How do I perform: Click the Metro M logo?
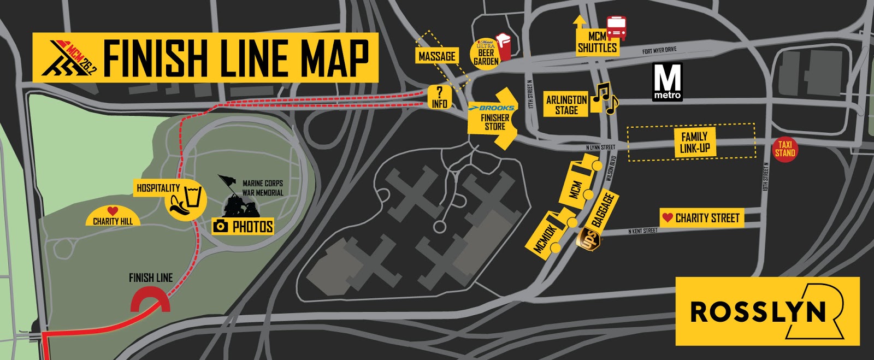[668, 81]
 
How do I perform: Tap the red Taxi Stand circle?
[784, 149]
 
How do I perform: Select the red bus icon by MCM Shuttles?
[616, 28]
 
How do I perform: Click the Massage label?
[436, 56]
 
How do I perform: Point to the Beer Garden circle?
[486, 53]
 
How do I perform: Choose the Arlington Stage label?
[566, 105]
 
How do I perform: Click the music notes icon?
[605, 99]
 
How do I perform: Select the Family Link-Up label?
[694, 142]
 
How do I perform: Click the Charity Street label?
[702, 218]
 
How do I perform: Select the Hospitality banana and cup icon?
[186, 200]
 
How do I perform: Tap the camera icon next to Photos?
[221, 226]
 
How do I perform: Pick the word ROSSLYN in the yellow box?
[758, 311]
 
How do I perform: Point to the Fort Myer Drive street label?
[659, 51]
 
